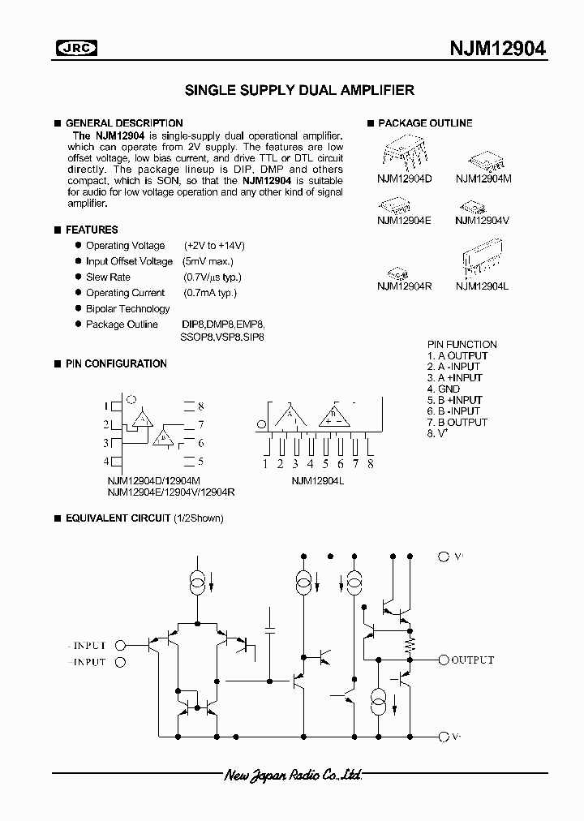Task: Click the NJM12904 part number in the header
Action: tap(497, 49)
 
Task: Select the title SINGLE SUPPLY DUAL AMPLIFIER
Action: tap(300, 91)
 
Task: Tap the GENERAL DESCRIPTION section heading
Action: tap(123, 123)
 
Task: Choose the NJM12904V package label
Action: tap(482, 220)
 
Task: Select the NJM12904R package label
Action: tap(404, 286)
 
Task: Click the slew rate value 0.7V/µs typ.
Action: tap(213, 277)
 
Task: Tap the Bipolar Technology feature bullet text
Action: tap(128, 309)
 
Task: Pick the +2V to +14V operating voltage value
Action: tap(214, 246)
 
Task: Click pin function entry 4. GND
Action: tap(444, 389)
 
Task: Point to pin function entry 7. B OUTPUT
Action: tap(457, 423)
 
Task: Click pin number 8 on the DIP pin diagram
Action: tap(200, 406)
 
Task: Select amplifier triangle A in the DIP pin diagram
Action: tap(143, 419)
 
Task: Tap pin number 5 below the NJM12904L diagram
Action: tap(325, 464)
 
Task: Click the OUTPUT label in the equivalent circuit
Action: tap(472, 660)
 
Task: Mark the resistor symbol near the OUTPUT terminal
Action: tap(410, 644)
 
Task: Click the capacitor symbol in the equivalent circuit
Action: tap(270, 630)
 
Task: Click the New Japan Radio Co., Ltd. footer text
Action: tap(293, 776)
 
